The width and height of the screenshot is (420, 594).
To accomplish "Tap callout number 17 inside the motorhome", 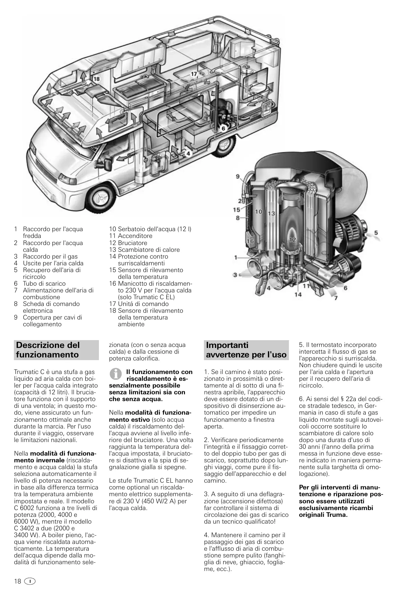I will coord(194,74).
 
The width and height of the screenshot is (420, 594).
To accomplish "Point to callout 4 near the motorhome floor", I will coord(189,153).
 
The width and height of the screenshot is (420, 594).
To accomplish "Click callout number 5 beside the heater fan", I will coord(376,233).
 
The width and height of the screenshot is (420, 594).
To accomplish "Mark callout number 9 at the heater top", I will coord(238,176).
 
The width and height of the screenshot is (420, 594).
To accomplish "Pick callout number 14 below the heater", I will coord(298,294).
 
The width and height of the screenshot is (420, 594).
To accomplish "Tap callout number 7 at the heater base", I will coord(336,298).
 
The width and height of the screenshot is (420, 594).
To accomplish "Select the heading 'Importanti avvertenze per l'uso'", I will coord(246,350).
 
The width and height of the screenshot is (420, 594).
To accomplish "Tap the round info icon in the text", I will coord(116,374).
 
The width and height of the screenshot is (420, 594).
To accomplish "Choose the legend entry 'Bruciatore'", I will coord(132,243).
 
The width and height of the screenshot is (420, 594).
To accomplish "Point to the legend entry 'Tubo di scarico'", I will coord(44,284).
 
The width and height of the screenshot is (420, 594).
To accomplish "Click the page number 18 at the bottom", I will coord(18,581).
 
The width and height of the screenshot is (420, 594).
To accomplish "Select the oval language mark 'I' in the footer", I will coord(30,581).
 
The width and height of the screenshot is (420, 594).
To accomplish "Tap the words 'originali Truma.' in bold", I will coord(323,515).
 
